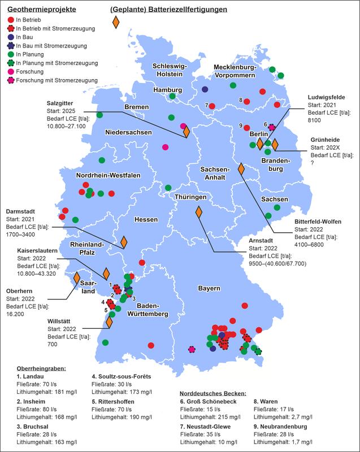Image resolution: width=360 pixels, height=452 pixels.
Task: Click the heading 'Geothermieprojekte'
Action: [37, 10]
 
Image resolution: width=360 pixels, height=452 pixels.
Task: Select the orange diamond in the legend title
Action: [116, 22]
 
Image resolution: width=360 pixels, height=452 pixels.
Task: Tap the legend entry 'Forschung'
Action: [32, 72]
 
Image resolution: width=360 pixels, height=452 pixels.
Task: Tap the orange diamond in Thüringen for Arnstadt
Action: [199, 213]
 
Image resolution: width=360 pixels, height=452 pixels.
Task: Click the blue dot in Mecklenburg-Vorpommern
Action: [205, 89]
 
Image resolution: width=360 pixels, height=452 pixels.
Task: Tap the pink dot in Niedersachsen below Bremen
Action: [165, 147]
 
